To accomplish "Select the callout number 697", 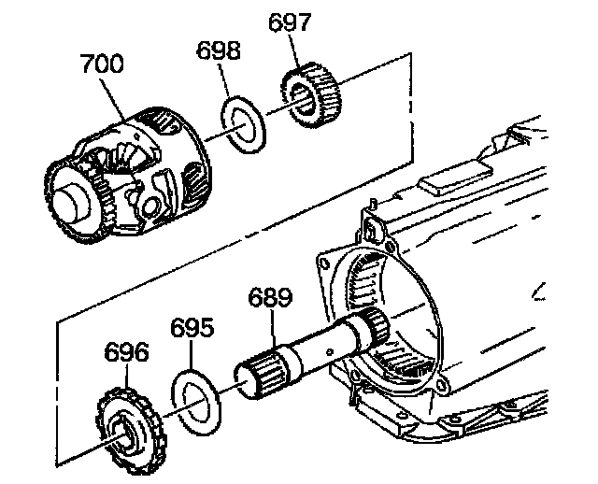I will [290, 23].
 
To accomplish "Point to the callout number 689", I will [269, 298].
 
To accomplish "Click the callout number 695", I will [192, 329].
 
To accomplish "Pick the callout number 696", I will [126, 352].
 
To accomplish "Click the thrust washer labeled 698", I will [246, 121].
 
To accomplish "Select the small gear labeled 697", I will [311, 93].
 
